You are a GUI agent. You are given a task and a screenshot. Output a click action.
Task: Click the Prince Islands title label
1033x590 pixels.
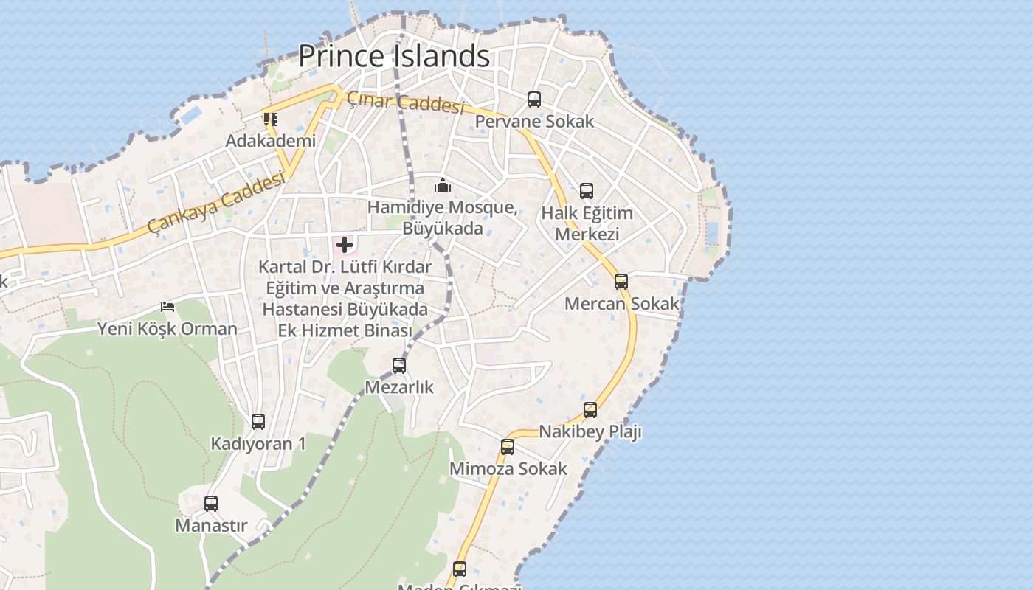[394, 56]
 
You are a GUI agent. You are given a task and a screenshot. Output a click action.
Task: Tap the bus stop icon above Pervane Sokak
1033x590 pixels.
[533, 99]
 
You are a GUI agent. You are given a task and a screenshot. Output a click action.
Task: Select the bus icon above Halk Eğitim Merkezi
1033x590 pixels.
[587, 191]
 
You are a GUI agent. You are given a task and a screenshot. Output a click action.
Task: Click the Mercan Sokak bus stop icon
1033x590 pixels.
[621, 281]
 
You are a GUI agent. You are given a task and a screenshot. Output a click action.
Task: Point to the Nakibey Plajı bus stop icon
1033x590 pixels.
[590, 409]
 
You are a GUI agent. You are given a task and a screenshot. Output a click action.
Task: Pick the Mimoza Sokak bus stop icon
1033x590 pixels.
[508, 446]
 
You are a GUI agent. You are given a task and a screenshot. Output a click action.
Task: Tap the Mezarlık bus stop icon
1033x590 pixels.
[399, 365]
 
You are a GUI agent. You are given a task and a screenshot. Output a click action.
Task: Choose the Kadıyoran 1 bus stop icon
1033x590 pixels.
[258, 421]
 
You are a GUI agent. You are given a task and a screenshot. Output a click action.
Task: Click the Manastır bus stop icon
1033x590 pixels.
[211, 504]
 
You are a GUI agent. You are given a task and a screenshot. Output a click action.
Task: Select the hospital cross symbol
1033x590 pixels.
[345, 245]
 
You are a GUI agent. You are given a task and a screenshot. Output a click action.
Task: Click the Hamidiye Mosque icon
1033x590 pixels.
[443, 185]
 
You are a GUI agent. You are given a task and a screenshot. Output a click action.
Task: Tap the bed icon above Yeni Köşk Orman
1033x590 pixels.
[167, 306]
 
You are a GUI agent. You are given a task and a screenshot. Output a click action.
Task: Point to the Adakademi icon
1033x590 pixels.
[271, 119]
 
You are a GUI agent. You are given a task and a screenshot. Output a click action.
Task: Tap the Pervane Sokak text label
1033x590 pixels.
[534, 122]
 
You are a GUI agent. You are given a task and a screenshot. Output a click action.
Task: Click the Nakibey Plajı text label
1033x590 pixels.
[590, 431]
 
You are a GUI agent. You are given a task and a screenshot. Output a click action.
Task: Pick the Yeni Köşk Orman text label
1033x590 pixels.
[167, 329]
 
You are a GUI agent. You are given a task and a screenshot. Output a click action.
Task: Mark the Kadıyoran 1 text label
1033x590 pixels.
[258, 444]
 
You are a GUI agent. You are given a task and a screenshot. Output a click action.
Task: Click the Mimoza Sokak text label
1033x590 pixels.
[508, 469]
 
